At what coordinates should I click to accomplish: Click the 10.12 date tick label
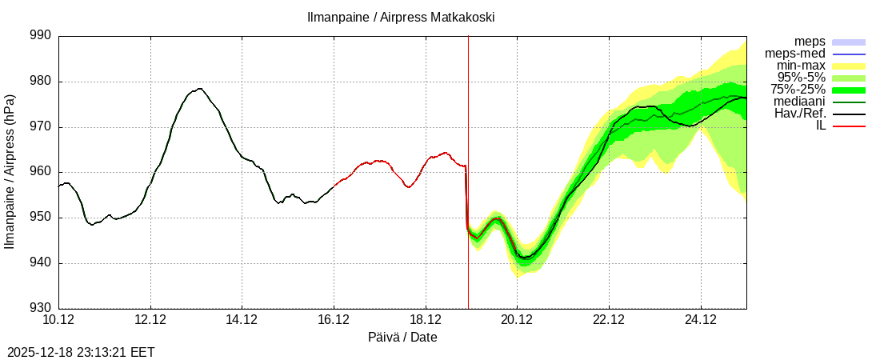(x=58, y=321)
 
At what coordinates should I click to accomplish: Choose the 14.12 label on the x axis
(x=242, y=321)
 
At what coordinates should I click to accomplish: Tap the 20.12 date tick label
(x=517, y=321)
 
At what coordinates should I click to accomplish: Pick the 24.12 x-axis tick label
(x=701, y=321)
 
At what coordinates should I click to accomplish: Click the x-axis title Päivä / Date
(x=402, y=338)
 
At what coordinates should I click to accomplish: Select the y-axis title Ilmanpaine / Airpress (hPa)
(x=10, y=172)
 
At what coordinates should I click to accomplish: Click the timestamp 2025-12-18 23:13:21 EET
(x=81, y=351)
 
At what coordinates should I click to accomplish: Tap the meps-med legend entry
(x=795, y=54)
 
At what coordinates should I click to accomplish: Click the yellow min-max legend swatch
(x=849, y=66)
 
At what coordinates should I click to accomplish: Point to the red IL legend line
(x=849, y=126)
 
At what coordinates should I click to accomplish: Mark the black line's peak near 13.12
(x=199, y=89)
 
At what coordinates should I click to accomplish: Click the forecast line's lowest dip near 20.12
(x=525, y=258)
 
